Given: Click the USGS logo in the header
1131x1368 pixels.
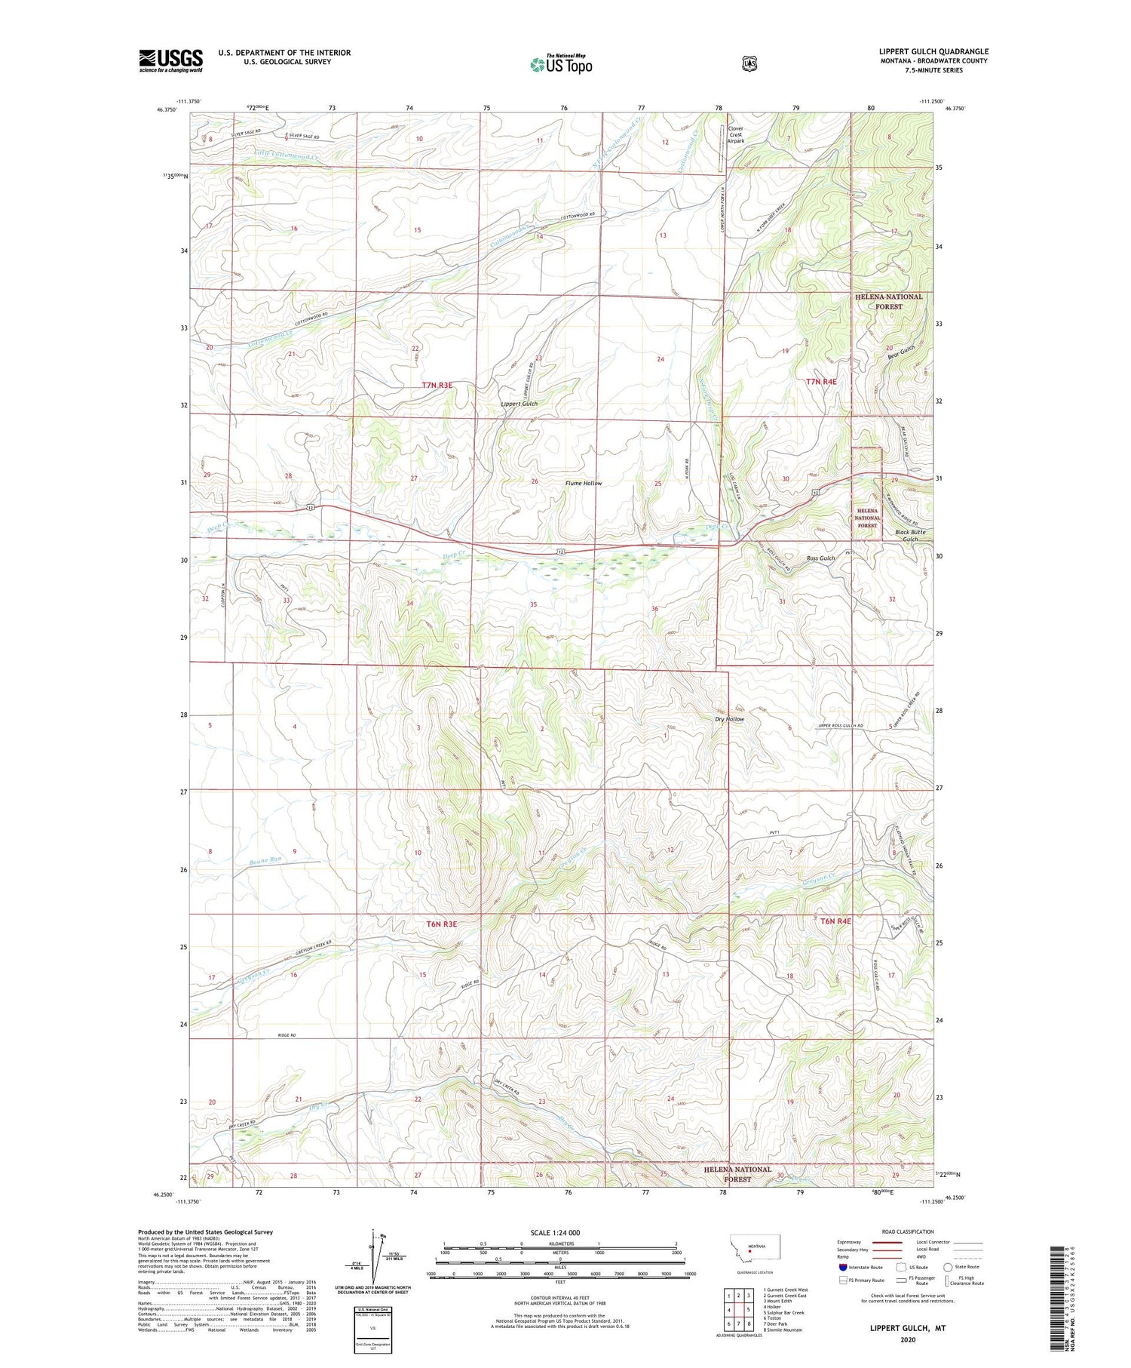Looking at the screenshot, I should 170,60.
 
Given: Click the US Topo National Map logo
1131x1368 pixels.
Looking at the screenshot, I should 562,64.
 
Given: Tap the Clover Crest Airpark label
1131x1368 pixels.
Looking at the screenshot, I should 735,135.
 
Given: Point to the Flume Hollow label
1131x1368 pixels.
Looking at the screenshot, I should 584,483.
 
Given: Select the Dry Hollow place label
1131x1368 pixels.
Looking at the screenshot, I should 730,719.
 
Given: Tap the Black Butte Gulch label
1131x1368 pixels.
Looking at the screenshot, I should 910,536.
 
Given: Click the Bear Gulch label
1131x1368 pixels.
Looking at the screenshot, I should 901,352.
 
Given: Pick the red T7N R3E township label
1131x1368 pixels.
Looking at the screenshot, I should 437,385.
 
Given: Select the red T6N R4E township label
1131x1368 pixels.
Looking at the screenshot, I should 835,921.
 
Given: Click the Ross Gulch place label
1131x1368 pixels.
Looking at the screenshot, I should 821,558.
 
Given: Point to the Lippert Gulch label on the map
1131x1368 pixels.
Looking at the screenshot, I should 520,404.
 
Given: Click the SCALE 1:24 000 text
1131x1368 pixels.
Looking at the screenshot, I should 556,1232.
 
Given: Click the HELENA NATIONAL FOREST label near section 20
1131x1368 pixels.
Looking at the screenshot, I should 889,302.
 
